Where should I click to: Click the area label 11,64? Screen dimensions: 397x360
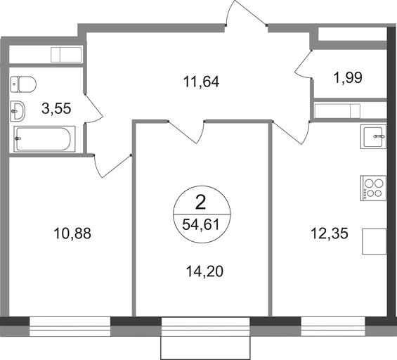tap(201, 82)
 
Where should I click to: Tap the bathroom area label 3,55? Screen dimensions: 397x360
tap(56, 108)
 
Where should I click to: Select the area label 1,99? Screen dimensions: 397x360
tap(348, 77)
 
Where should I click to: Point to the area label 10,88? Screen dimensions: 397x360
tap(72, 233)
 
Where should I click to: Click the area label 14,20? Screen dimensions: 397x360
tap(204, 271)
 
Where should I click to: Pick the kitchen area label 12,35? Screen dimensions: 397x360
tap(330, 233)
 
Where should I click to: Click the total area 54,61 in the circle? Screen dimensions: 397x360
tap(201, 224)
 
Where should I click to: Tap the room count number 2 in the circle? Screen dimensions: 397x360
tap(201, 203)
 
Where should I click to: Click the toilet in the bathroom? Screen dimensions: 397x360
tap(23, 84)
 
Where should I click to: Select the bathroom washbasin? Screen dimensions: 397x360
tap(18, 111)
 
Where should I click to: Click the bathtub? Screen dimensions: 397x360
tap(44, 139)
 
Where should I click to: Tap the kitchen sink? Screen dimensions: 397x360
tap(373, 136)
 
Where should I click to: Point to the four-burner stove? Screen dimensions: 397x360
tap(373, 188)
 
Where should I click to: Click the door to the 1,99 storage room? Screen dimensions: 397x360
tap(304, 65)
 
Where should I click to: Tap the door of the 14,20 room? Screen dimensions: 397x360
tap(187, 132)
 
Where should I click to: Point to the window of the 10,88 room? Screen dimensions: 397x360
tap(70, 326)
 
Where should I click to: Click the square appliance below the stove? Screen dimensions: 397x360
tap(375, 241)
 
